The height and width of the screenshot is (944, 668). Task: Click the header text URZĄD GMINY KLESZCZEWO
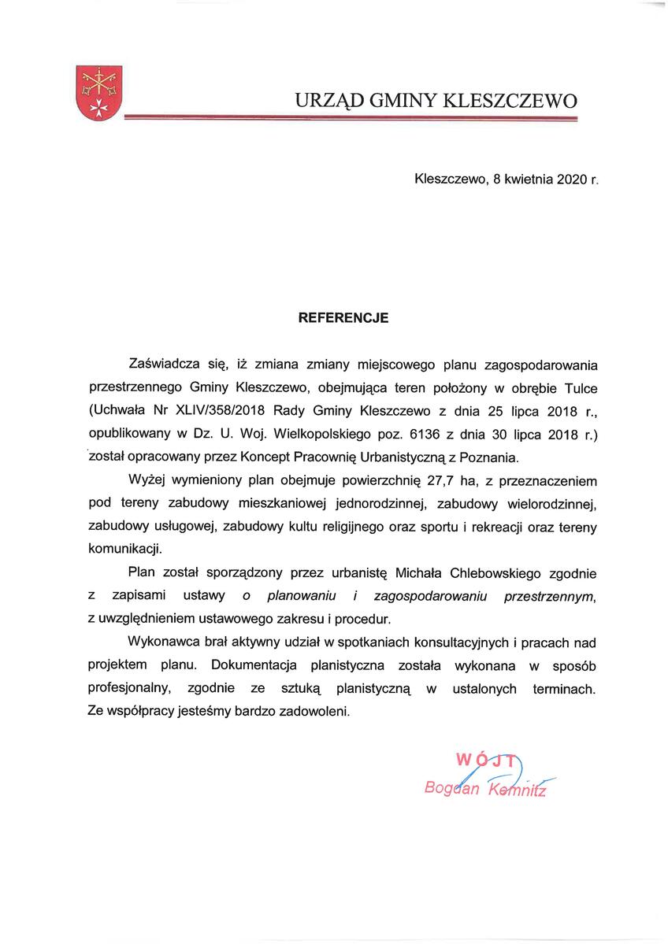click(436, 101)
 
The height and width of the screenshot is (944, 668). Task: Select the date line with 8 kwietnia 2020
click(506, 180)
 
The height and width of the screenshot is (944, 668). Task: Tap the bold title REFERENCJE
click(343, 319)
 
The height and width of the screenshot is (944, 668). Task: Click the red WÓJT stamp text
click(487, 761)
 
